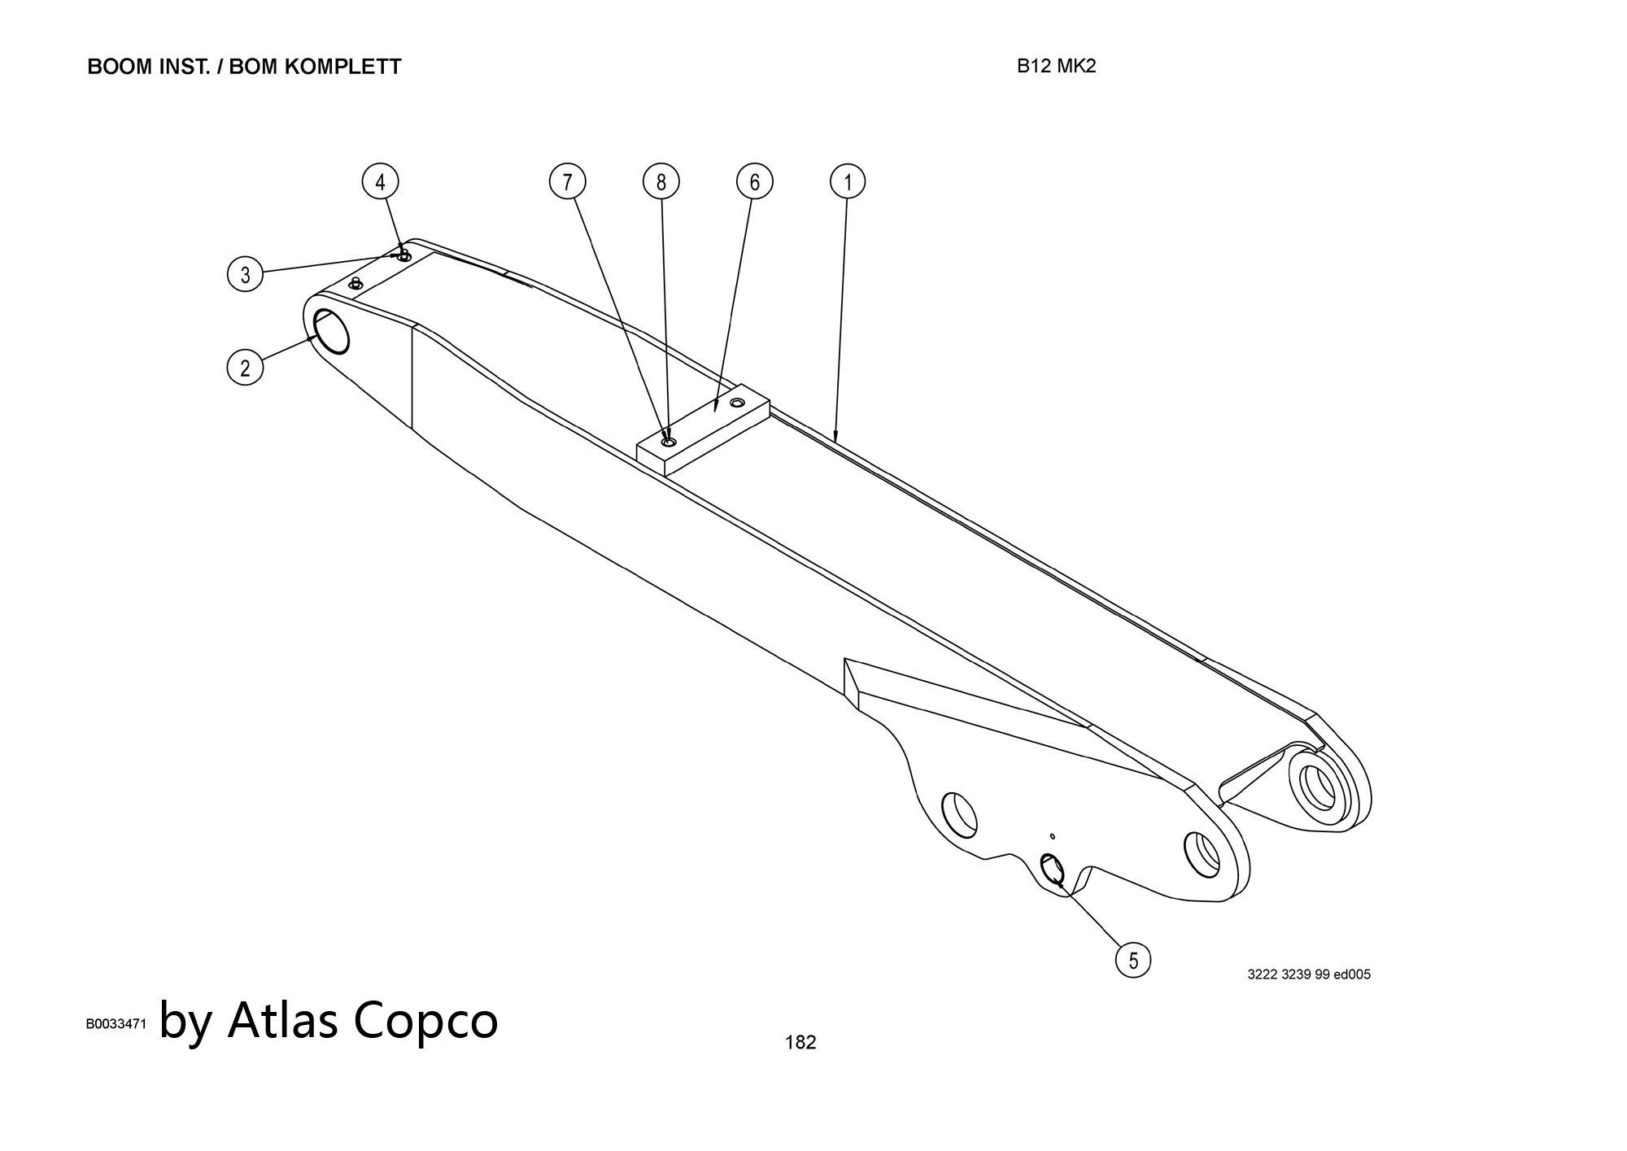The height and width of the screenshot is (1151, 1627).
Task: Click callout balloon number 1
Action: (x=848, y=181)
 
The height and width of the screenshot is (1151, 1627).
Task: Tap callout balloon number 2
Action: (x=245, y=368)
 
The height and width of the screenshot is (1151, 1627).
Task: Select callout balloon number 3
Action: (x=245, y=274)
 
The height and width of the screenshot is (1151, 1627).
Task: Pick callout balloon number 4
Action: (x=380, y=181)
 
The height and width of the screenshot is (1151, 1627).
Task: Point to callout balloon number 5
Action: (x=1133, y=961)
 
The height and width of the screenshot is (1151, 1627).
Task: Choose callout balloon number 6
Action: (x=754, y=181)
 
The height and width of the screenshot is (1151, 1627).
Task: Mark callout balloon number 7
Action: (x=568, y=181)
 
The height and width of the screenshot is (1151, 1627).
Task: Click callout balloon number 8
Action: (x=661, y=181)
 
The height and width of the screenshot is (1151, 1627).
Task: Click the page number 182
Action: (x=800, y=1042)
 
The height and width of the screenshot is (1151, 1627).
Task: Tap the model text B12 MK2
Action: (x=1056, y=67)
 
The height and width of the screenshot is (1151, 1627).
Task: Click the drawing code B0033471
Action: (x=116, y=1025)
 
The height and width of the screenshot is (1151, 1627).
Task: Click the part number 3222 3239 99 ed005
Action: (x=1309, y=974)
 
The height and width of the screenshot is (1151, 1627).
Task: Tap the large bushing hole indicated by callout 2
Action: (x=331, y=332)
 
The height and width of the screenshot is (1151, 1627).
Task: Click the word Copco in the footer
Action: (x=425, y=1020)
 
